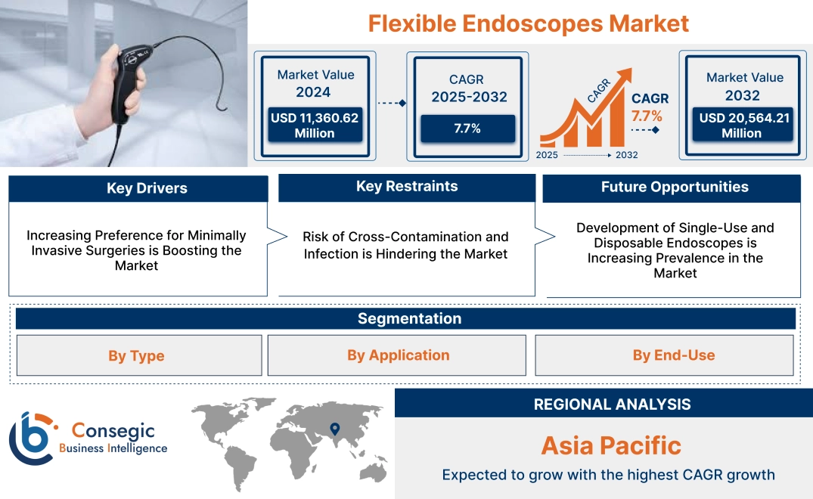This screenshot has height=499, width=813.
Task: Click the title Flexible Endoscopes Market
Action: (x=528, y=23)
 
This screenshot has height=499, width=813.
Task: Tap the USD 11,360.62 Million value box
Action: (x=314, y=125)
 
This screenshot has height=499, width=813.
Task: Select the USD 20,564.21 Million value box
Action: (x=741, y=125)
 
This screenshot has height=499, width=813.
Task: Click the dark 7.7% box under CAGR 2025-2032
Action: (x=467, y=129)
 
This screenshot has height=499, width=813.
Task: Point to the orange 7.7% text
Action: (x=647, y=116)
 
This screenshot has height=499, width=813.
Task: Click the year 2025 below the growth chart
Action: (x=548, y=155)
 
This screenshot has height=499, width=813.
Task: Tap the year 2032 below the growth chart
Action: (x=626, y=155)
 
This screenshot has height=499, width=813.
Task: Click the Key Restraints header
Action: (x=406, y=187)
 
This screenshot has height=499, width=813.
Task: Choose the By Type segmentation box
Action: (x=136, y=355)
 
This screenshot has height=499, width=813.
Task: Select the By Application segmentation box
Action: (x=398, y=355)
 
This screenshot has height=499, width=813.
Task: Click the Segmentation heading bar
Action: (x=409, y=318)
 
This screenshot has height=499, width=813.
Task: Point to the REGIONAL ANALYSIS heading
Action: (x=612, y=404)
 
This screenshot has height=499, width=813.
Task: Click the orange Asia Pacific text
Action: (x=611, y=445)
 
